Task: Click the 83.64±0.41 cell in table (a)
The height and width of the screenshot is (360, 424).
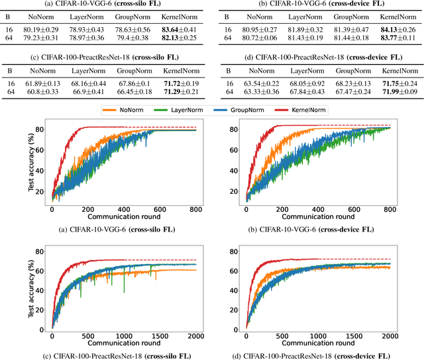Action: pos(183,30)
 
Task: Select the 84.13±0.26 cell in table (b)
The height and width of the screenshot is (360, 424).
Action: pos(392,30)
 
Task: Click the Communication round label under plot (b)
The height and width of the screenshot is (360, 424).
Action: pos(318,218)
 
